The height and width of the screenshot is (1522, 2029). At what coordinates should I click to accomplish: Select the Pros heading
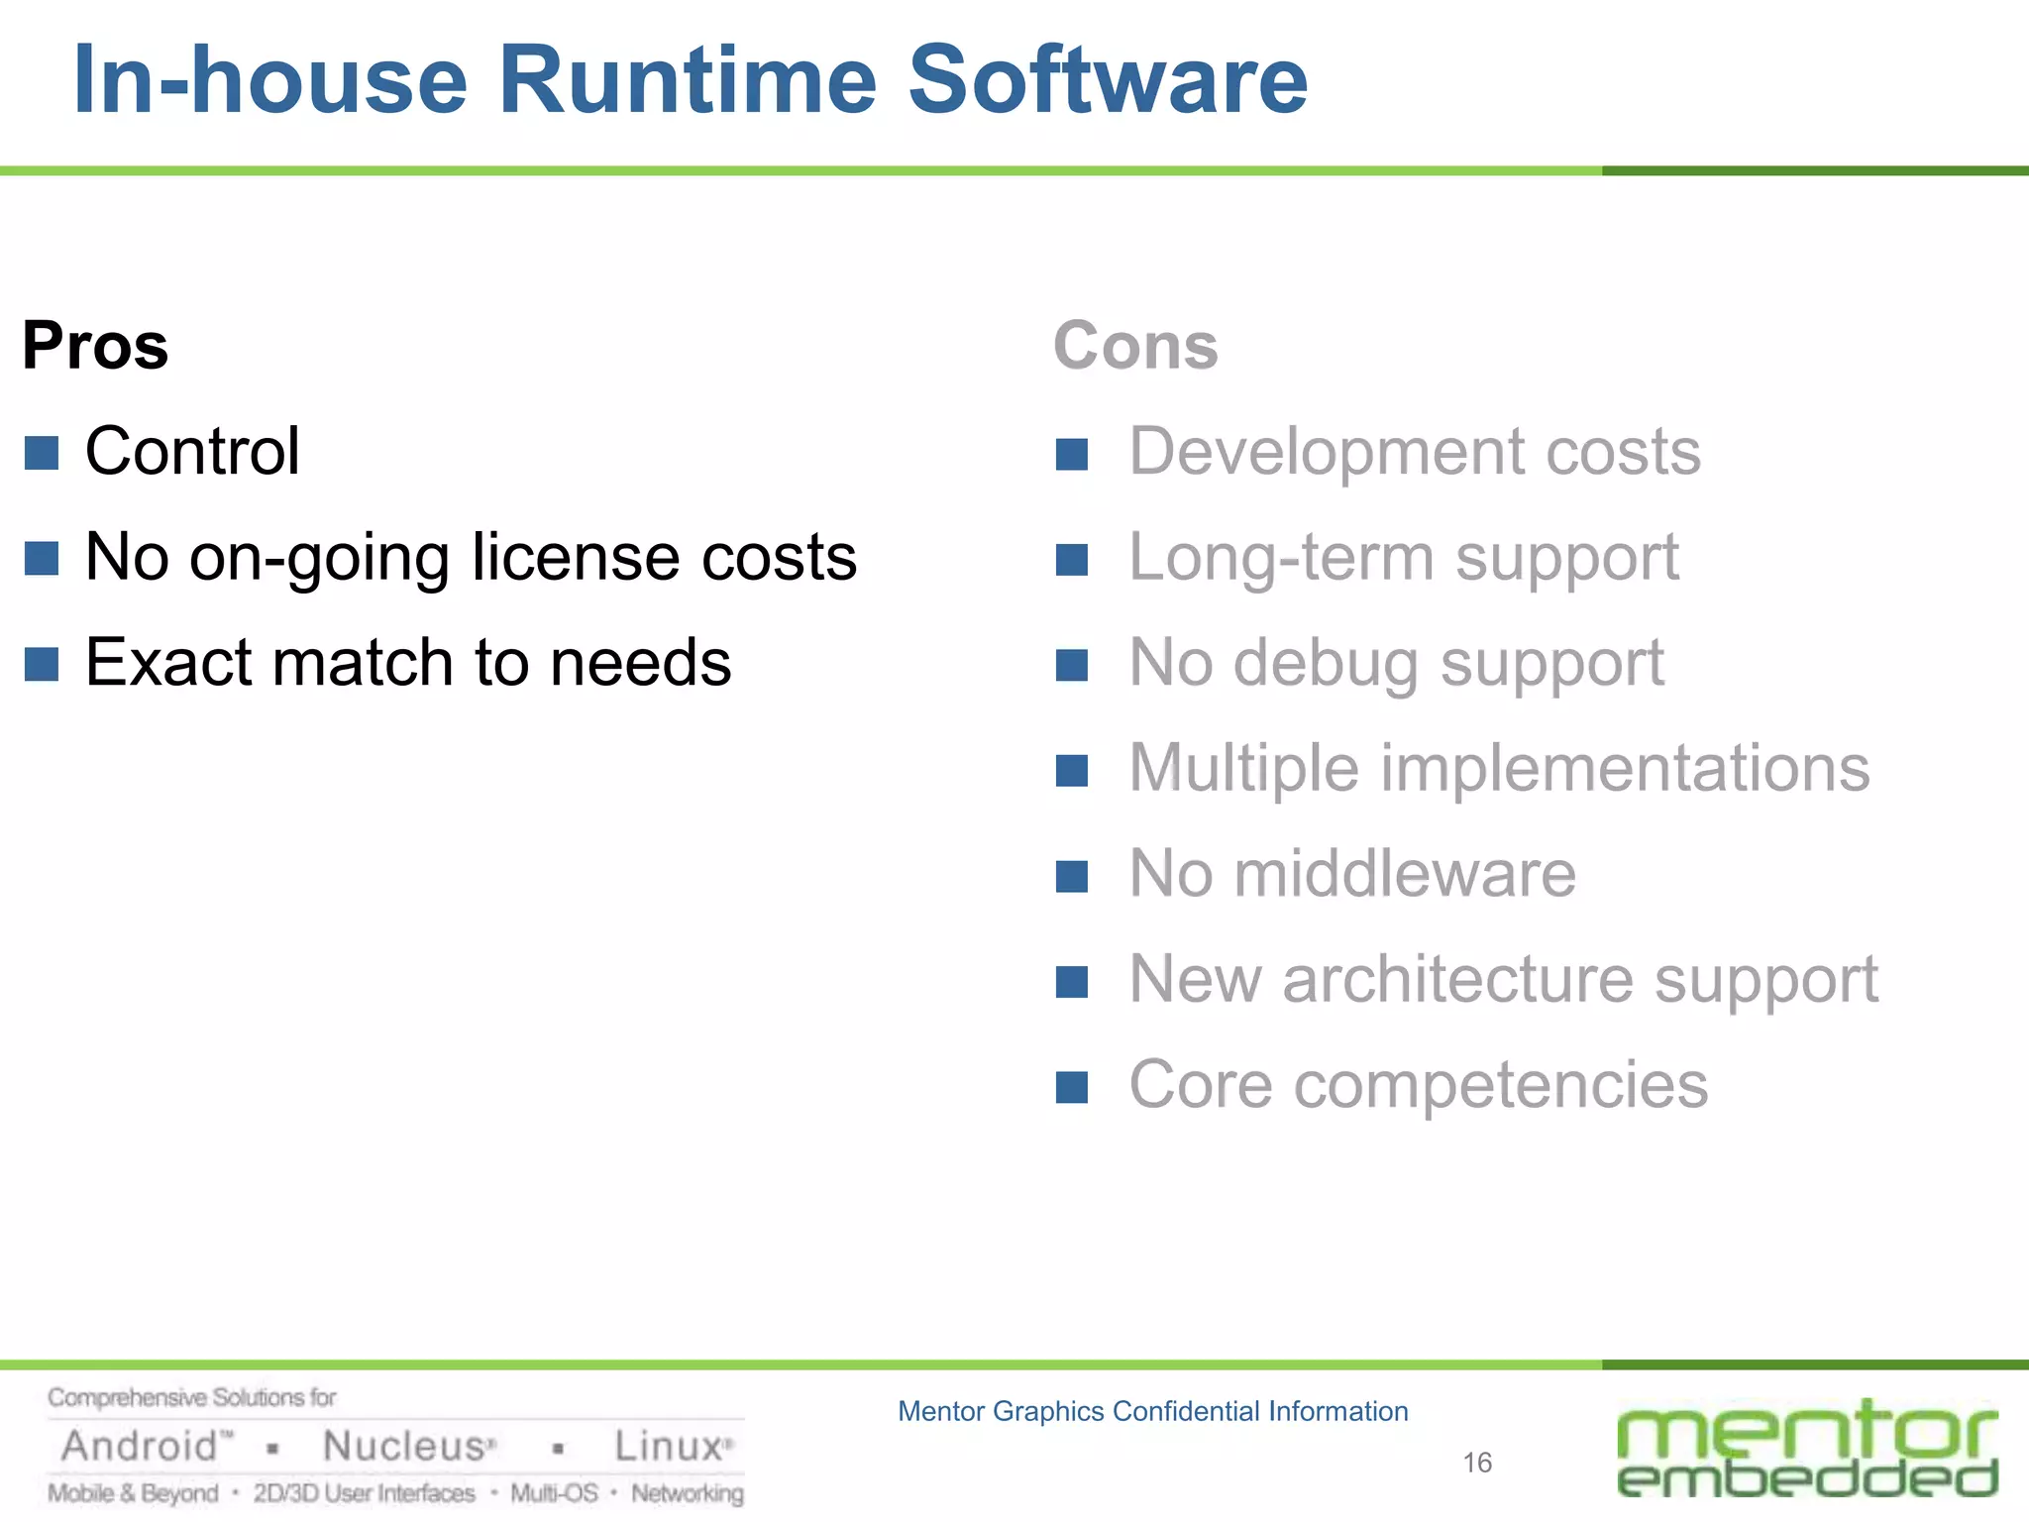point(95,346)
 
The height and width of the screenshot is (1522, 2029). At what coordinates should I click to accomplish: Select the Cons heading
point(1135,346)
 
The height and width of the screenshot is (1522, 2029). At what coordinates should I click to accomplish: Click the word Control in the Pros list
point(192,451)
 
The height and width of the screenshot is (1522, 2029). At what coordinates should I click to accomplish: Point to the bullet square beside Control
point(42,453)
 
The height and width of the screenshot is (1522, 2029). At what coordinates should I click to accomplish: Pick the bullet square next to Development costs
point(1072,455)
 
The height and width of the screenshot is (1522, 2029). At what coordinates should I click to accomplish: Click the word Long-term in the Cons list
point(1281,557)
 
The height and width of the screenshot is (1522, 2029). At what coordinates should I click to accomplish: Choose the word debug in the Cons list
point(1327,664)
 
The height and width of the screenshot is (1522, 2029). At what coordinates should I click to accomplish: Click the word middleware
point(1405,873)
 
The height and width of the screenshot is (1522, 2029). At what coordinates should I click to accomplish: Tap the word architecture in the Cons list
point(1457,979)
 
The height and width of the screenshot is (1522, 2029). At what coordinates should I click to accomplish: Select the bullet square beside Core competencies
point(1072,1087)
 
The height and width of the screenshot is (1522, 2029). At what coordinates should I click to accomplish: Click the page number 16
point(1477,1463)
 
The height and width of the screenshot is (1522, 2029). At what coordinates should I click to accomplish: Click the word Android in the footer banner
point(139,1447)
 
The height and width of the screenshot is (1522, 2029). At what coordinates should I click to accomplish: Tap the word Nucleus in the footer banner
point(404,1447)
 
